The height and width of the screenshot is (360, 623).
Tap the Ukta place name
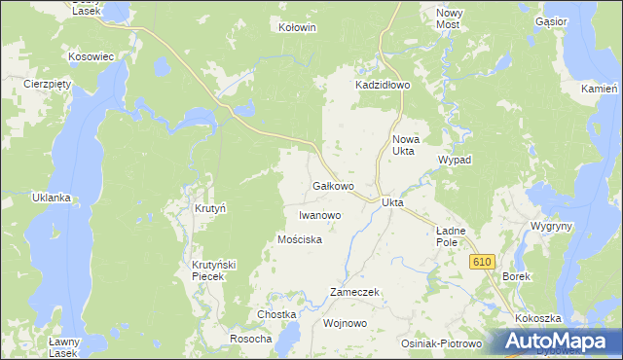[x=393, y=202]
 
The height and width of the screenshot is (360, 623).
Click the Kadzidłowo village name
[x=384, y=86]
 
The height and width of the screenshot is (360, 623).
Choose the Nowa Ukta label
[x=404, y=145]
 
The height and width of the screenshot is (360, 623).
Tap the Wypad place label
[x=455, y=160]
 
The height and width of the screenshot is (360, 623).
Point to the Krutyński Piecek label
[x=207, y=270]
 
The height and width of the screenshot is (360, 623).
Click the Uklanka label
[x=52, y=198]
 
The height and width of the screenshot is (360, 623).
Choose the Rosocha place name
[x=250, y=339]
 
